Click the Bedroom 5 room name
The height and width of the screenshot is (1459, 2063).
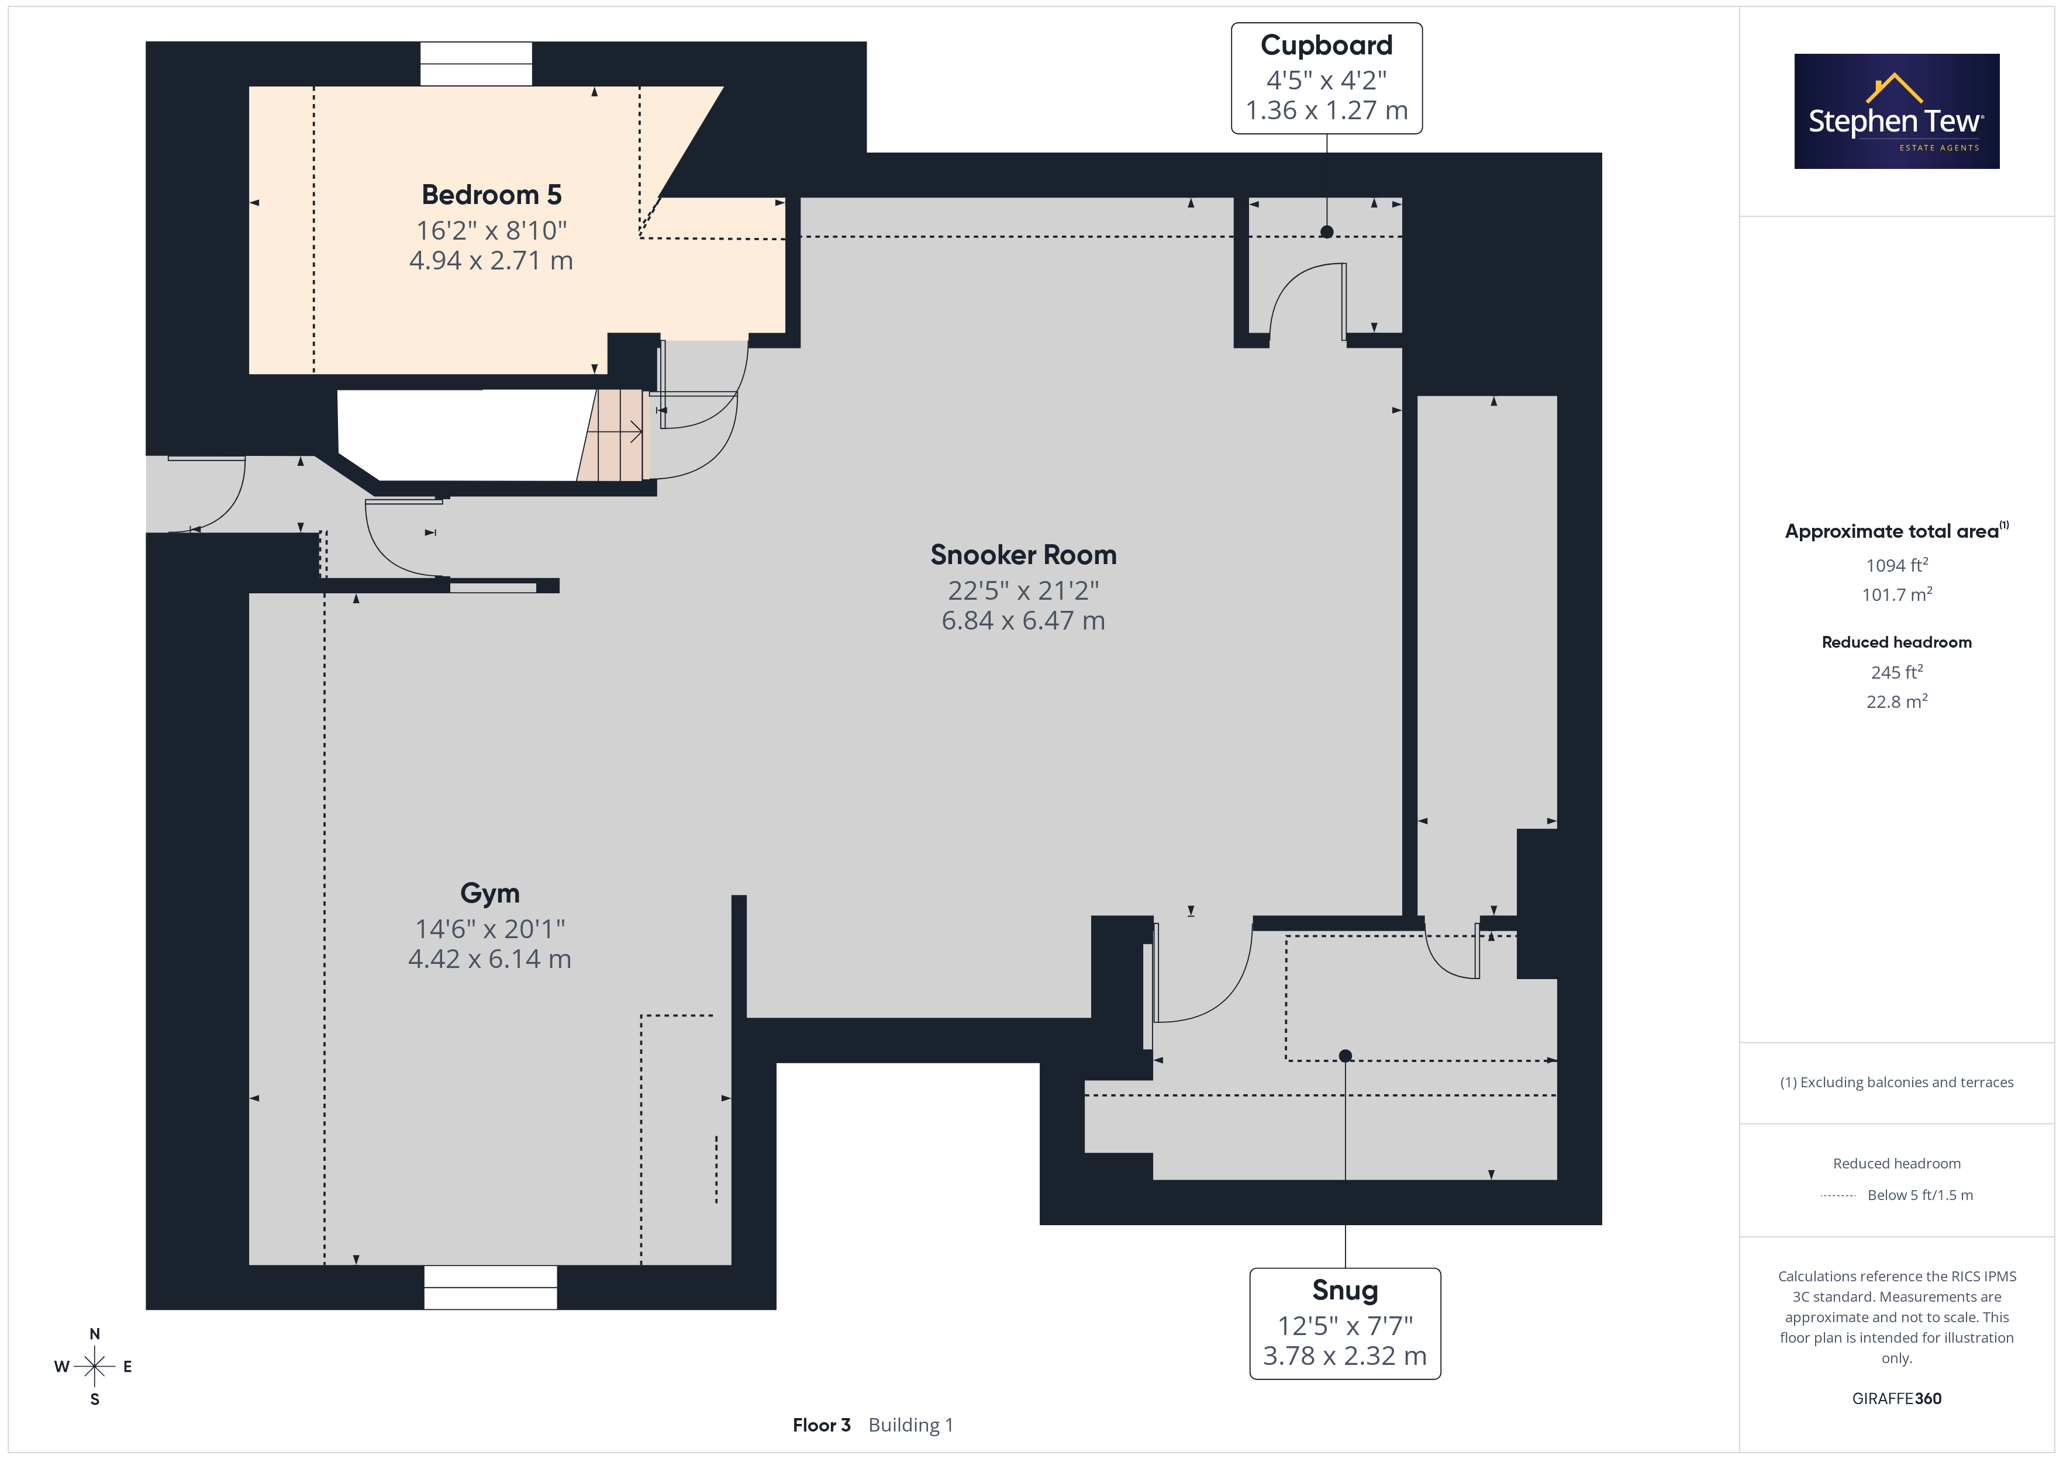tap(492, 195)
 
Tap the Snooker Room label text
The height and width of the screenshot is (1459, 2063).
tap(1023, 555)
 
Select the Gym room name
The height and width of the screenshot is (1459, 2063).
tap(489, 893)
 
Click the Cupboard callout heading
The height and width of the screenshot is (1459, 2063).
tap(1326, 46)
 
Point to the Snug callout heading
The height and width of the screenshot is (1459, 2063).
tap(1345, 1290)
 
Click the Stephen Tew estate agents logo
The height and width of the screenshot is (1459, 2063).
tap(1897, 112)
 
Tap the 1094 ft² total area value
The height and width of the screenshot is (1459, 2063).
tap(1897, 565)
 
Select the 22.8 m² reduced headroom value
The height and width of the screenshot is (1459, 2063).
tap(1897, 701)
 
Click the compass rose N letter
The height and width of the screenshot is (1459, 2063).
tap(94, 1334)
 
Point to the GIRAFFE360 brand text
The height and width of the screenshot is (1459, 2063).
tap(1897, 1399)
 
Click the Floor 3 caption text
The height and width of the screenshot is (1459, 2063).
tap(821, 1425)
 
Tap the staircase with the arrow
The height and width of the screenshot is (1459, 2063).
tap(613, 435)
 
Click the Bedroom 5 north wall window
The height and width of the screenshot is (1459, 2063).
tap(476, 64)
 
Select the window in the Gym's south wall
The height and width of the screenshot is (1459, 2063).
tap(491, 1287)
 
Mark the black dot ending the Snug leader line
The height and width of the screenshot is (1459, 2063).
tap(1345, 1056)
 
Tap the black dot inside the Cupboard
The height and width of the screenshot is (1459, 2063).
tap(1326, 232)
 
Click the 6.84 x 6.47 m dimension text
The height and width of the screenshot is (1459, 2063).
tap(1023, 621)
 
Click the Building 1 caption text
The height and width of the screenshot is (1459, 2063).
tap(911, 1425)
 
